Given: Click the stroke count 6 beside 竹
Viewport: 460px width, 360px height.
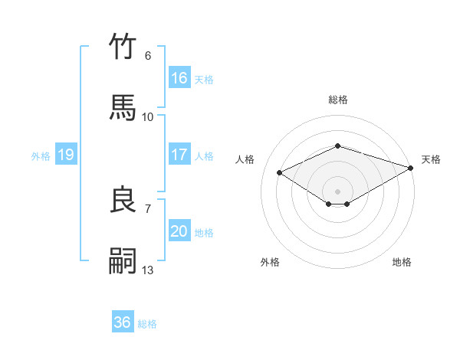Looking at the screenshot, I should (x=148, y=55).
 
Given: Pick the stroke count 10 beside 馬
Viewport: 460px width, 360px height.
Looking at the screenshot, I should (x=148, y=116).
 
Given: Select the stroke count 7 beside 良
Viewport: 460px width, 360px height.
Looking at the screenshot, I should (x=148, y=208).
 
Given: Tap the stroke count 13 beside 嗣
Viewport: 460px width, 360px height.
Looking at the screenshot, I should (x=148, y=270).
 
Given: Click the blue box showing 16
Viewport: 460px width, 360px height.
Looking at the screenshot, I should (x=179, y=78).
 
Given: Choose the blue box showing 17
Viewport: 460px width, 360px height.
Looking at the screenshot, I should (x=179, y=155).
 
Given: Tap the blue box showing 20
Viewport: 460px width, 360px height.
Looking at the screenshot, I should (x=179, y=231).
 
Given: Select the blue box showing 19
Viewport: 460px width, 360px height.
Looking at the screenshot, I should (x=65, y=155).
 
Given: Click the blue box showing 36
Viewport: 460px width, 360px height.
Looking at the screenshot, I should (x=123, y=322).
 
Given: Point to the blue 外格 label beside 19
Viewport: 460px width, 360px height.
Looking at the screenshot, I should (x=41, y=156).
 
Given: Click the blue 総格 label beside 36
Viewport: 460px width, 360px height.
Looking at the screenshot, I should (x=147, y=324).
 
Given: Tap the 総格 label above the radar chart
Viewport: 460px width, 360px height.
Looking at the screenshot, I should (x=337, y=100).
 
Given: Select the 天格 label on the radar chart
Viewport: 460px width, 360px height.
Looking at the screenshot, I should (x=431, y=159).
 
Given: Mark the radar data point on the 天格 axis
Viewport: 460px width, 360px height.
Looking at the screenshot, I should (x=411, y=169).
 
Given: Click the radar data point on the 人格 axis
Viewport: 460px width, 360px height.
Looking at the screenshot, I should (x=280, y=173).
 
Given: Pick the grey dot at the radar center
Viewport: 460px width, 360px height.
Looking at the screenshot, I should (x=337, y=190).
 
